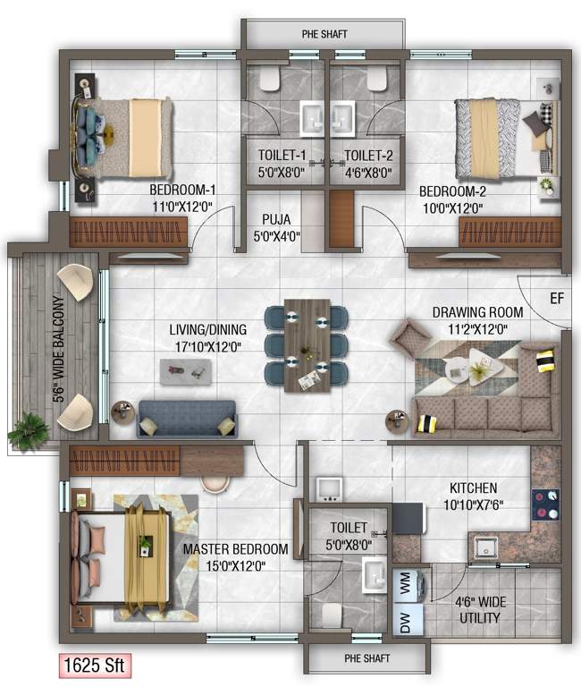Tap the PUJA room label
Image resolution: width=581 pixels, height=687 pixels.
click(x=277, y=219)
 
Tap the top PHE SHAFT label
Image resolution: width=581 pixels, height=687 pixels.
click(x=324, y=35)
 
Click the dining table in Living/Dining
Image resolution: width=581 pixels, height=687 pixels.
click(x=307, y=344)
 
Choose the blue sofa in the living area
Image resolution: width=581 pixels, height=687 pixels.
click(x=187, y=418)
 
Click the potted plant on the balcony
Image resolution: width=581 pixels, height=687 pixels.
click(x=29, y=431)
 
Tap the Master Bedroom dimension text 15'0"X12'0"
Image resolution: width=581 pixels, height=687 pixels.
click(x=235, y=565)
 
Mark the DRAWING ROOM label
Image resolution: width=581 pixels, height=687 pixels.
click(x=477, y=312)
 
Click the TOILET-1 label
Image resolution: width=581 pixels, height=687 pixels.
click(x=282, y=154)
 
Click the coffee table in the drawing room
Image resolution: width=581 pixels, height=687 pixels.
click(x=475, y=368)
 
